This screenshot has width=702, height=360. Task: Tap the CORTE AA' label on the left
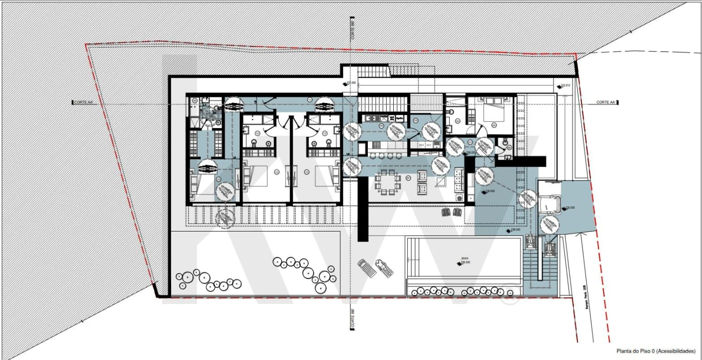84,102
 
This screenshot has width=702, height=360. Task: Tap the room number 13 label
277,172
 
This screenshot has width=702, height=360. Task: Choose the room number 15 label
219,178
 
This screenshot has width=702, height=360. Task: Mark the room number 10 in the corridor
309,100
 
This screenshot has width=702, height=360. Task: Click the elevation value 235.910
565,85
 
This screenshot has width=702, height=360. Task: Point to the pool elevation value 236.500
465,262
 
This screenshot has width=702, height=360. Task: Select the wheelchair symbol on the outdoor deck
226,217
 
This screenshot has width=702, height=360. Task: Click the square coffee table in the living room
440,182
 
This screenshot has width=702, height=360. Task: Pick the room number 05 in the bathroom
457,121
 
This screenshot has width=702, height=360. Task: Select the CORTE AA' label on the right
605,102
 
